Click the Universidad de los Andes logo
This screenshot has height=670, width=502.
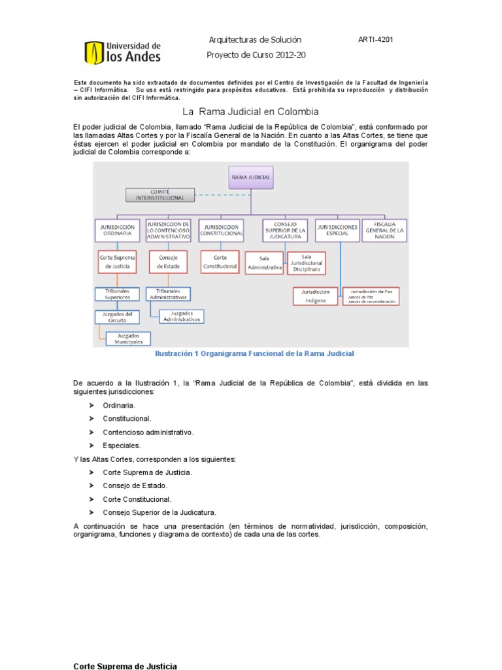pos(123,53)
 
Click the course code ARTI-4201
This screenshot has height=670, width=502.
pos(375,39)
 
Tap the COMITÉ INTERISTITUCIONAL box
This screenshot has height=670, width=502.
pos(160,194)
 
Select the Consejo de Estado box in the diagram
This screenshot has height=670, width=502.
pos(168,262)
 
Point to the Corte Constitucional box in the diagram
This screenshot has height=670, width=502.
pos(220,262)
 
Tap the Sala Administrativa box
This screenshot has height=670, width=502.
pos(264,264)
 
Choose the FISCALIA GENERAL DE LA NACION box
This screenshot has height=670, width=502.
pos(384,230)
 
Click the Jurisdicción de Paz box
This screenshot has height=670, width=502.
pos(371,296)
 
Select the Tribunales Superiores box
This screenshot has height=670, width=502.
pos(116,294)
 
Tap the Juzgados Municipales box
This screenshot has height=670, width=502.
pos(128,338)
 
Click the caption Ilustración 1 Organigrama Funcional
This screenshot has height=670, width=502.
pos(254,354)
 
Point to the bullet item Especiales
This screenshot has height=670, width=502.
pos(122,445)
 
